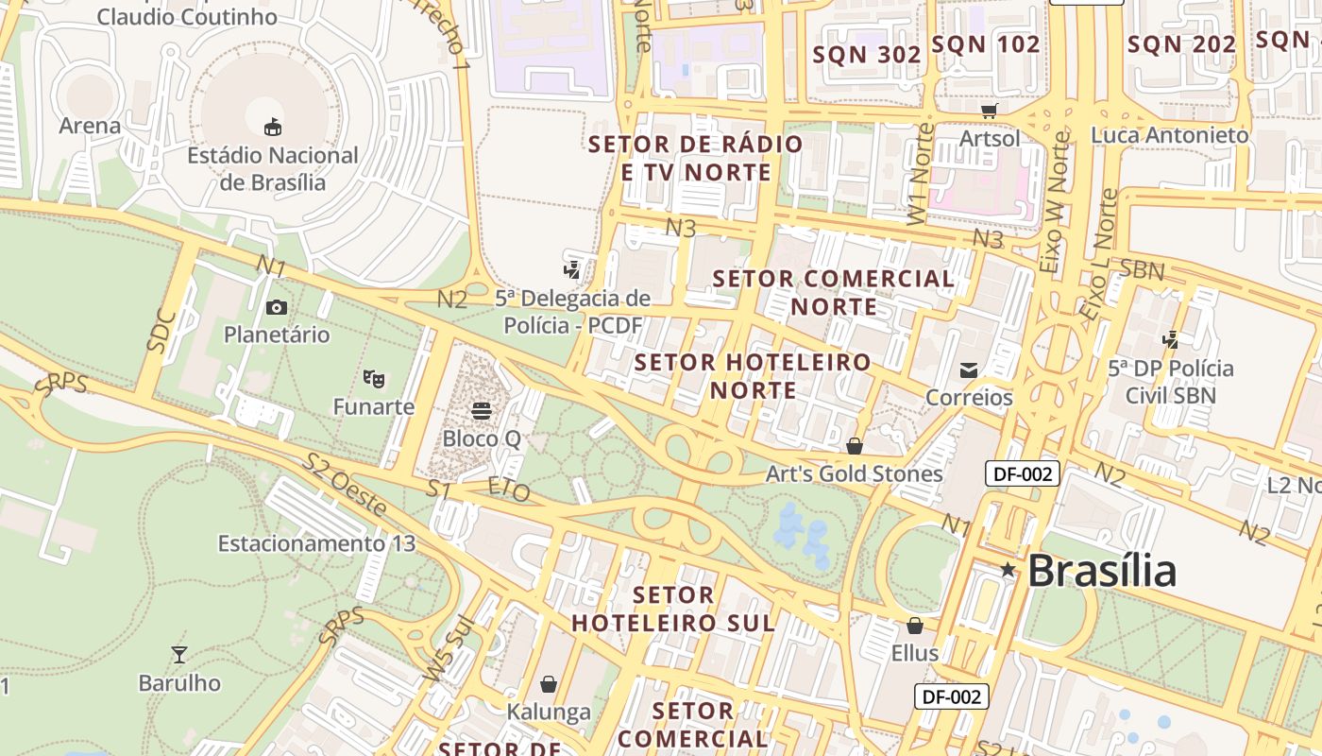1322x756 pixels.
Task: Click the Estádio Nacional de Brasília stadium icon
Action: (x=273, y=127)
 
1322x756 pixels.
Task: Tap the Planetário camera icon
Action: (x=277, y=307)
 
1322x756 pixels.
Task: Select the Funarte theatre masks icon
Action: (x=374, y=379)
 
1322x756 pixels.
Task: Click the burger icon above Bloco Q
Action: (x=482, y=411)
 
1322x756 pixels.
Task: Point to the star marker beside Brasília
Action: (x=1008, y=570)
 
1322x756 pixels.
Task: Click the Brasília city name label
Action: (x=1102, y=571)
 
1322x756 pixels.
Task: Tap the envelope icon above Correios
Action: (x=969, y=369)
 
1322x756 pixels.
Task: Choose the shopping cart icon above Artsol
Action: (x=989, y=111)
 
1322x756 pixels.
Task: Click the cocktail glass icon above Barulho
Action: (x=178, y=654)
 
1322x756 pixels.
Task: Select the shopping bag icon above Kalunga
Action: (x=549, y=683)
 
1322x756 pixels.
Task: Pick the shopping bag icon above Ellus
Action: (x=914, y=626)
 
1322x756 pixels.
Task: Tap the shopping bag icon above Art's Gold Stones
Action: (x=855, y=445)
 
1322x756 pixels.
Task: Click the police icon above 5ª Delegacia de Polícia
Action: (x=571, y=270)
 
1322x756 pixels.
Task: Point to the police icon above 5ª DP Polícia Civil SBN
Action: (x=1171, y=339)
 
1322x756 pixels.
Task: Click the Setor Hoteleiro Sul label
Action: (x=673, y=609)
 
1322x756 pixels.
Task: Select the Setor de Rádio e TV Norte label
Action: (x=695, y=158)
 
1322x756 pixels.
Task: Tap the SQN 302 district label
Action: (x=867, y=55)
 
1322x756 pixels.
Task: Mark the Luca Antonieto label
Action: (x=1169, y=135)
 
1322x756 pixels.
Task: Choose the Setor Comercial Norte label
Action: (x=834, y=293)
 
